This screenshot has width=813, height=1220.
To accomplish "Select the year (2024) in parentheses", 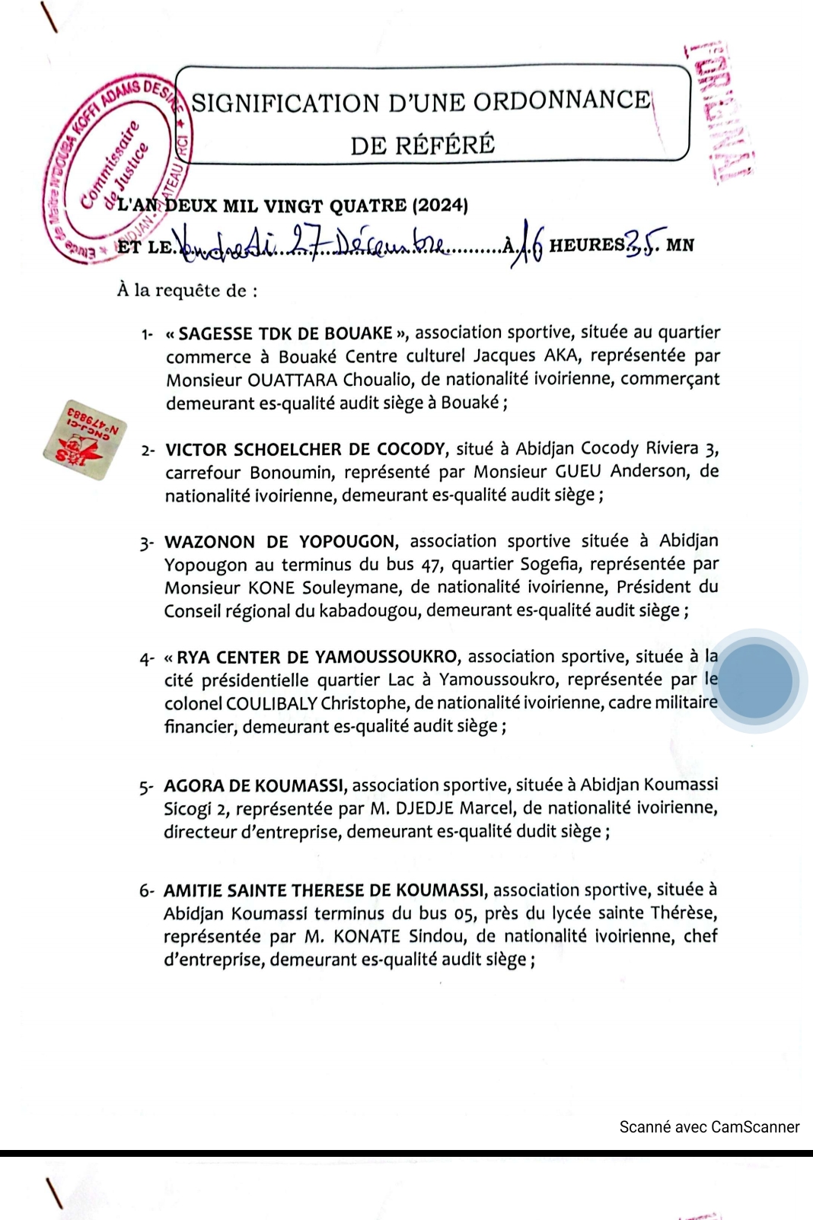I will pyautogui.click(x=440, y=205).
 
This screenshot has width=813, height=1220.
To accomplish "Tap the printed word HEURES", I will pyautogui.click(x=587, y=245).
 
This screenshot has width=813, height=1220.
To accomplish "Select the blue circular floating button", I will pyautogui.click(x=755, y=680).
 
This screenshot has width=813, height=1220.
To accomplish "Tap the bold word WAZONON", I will pyautogui.click(x=209, y=542).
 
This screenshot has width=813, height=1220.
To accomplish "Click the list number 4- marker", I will pyautogui.click(x=147, y=658).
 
